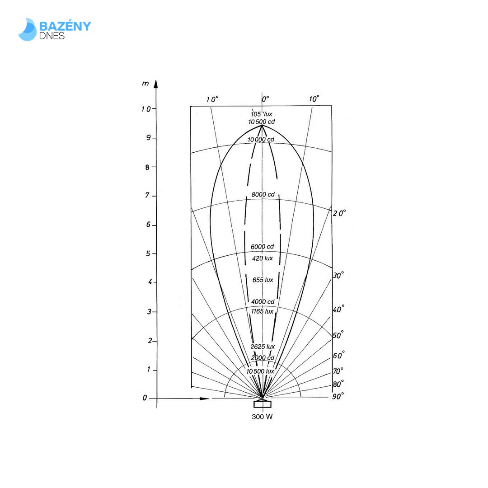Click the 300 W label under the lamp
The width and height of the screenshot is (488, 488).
click(262, 417)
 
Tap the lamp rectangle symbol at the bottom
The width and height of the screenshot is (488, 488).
click(263, 404)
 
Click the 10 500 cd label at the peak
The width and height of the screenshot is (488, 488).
click(262, 122)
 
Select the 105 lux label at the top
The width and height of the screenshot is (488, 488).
click(262, 114)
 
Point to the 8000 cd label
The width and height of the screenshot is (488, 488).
click(263, 194)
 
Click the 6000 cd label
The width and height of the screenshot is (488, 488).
click(263, 247)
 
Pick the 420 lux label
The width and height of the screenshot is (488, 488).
click(263, 258)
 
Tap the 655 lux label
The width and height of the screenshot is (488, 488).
click(263, 280)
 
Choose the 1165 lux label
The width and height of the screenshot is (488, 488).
click(262, 311)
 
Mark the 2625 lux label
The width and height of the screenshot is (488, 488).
click(263, 347)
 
